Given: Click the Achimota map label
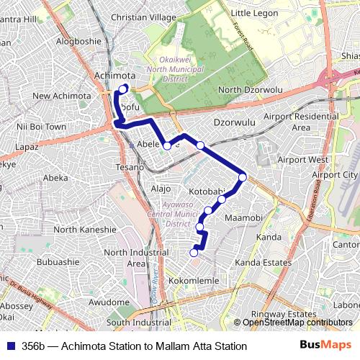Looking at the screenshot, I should [114, 75].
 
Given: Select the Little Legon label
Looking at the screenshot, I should [253, 13].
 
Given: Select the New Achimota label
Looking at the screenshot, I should [61, 96].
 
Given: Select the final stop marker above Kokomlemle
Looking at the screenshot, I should [194, 252].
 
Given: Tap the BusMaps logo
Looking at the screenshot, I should [321, 346].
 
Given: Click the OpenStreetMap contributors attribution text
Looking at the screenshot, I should [295, 323].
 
